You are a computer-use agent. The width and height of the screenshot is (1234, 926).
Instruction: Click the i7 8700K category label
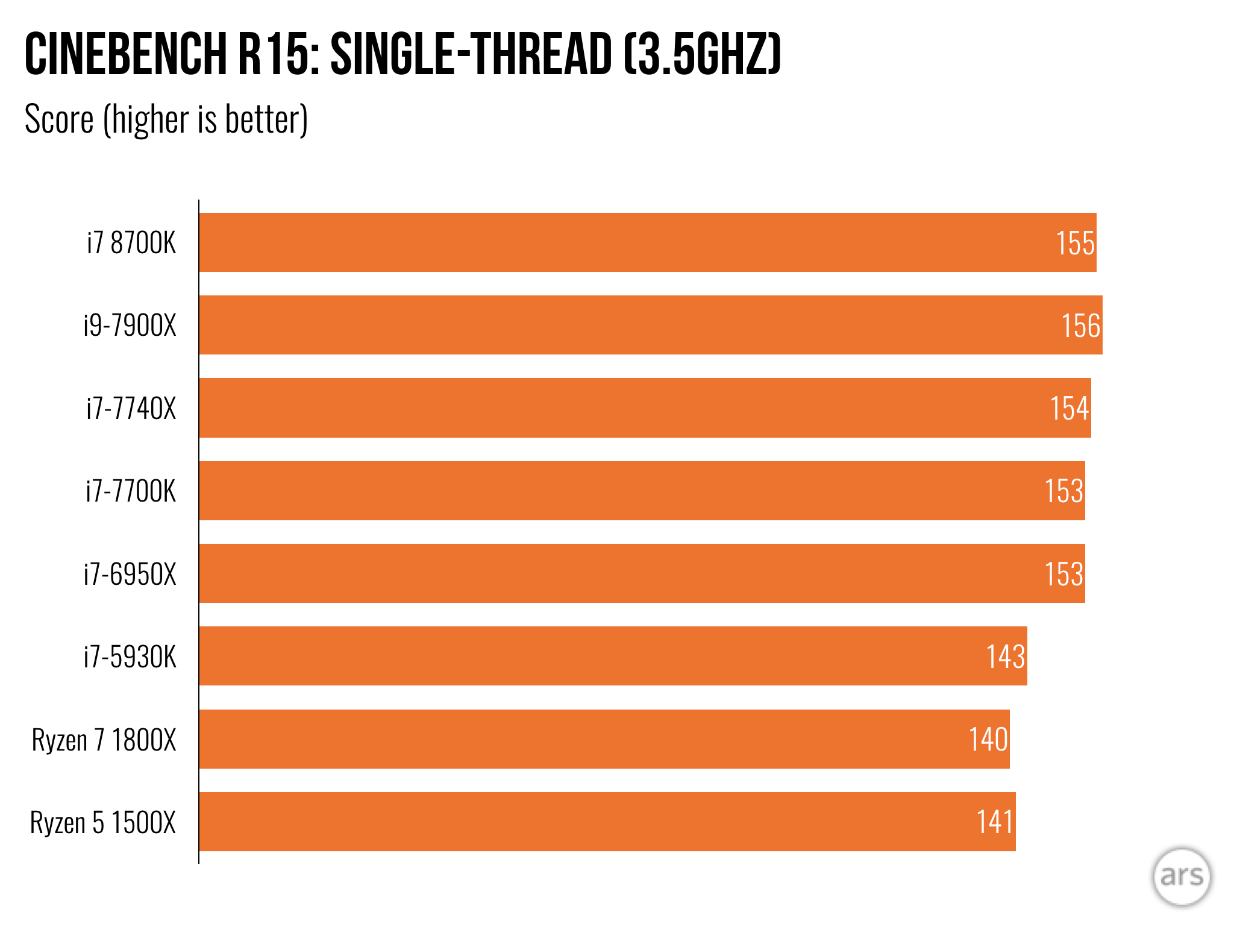point(131,243)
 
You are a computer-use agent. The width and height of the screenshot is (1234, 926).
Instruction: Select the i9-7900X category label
point(130,326)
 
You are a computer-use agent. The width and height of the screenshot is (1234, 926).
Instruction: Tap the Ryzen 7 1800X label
point(104,740)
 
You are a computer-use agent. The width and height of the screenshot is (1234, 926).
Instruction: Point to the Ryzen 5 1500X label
point(103,822)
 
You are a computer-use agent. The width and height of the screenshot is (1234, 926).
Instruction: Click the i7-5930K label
point(130,657)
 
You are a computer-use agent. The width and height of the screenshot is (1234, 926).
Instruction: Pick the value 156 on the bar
point(1080,326)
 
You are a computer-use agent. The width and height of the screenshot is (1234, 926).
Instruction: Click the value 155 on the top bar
point(1075,244)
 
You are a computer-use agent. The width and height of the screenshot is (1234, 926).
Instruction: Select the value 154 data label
point(1069,409)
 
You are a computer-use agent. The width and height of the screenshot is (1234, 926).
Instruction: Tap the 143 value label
point(1005,657)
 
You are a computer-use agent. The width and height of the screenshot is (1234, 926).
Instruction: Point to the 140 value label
point(988,740)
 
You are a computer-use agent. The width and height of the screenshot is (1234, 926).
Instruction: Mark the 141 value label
point(994,822)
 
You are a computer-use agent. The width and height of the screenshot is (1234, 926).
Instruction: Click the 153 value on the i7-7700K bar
point(1063,491)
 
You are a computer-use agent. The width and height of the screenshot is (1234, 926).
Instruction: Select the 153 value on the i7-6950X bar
point(1063,574)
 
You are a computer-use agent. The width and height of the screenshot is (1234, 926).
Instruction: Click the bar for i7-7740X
point(603,408)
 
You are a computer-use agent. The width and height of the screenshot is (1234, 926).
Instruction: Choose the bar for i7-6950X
point(603,573)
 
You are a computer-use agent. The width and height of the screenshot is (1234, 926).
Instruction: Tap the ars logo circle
point(1181,877)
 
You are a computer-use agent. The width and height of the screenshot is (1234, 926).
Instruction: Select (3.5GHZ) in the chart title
point(702,55)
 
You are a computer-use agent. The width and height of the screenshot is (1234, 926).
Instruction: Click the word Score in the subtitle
point(59,119)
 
